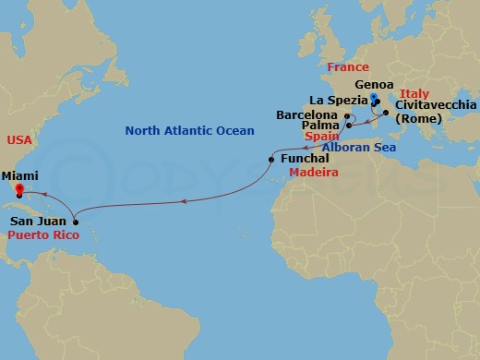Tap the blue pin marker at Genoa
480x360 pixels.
coord(374,98)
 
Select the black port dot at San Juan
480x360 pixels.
coord(75,222)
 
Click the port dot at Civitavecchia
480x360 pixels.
coord(386,113)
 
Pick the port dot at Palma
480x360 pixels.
coord(349,126)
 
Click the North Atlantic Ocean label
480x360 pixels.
coord(190,131)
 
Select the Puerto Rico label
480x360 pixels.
coord(42,236)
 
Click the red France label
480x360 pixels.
coord(347,67)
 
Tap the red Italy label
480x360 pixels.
coord(416,93)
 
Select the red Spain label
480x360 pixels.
coord(320,136)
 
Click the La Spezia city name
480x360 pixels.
coord(338,100)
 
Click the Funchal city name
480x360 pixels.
coord(303,159)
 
